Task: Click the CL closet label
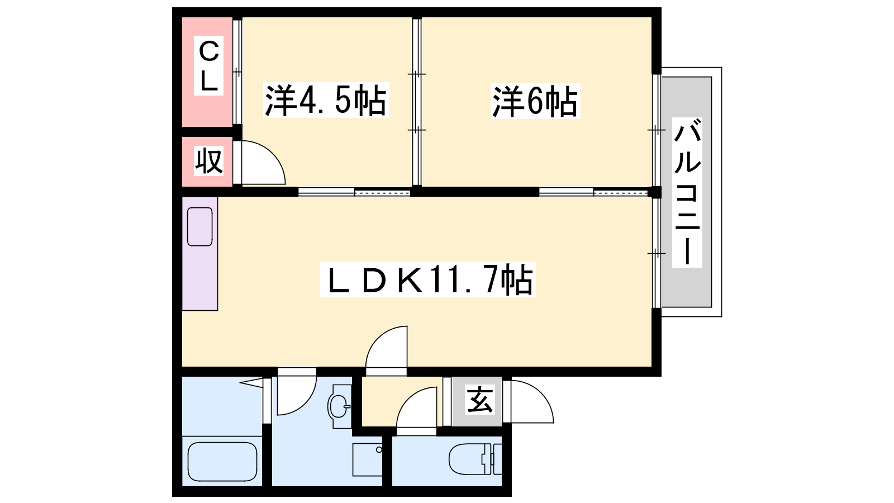click(208, 65)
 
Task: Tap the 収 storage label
click(208, 161)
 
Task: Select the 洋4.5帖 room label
click(326, 100)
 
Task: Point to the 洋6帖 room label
click(535, 101)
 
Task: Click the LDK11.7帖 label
click(427, 279)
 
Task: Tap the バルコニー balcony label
click(687, 192)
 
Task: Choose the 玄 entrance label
click(479, 400)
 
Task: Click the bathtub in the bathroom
click(222, 462)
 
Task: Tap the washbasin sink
click(340, 406)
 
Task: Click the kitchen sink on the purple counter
click(199, 227)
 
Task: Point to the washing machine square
click(367, 460)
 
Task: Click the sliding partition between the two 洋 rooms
click(417, 102)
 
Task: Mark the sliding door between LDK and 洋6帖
click(593, 192)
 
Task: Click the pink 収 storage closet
click(207, 162)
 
